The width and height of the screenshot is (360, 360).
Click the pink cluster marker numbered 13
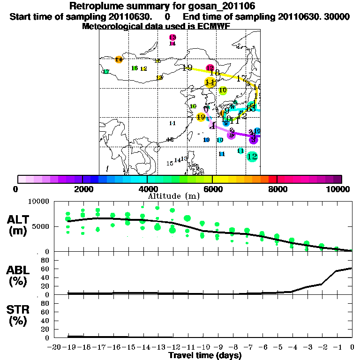pos(172,37)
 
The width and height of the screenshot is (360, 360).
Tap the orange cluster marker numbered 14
pos(119,60)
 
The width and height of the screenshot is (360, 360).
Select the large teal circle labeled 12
pos(252,157)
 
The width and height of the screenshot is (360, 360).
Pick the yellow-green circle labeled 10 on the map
pos(223,90)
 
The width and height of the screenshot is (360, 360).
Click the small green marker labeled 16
pos(135,68)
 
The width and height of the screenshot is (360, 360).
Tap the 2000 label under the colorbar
pos(82,189)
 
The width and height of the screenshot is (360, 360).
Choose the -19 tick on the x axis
pos(69,347)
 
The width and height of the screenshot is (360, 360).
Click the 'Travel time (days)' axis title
pos(205,355)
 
